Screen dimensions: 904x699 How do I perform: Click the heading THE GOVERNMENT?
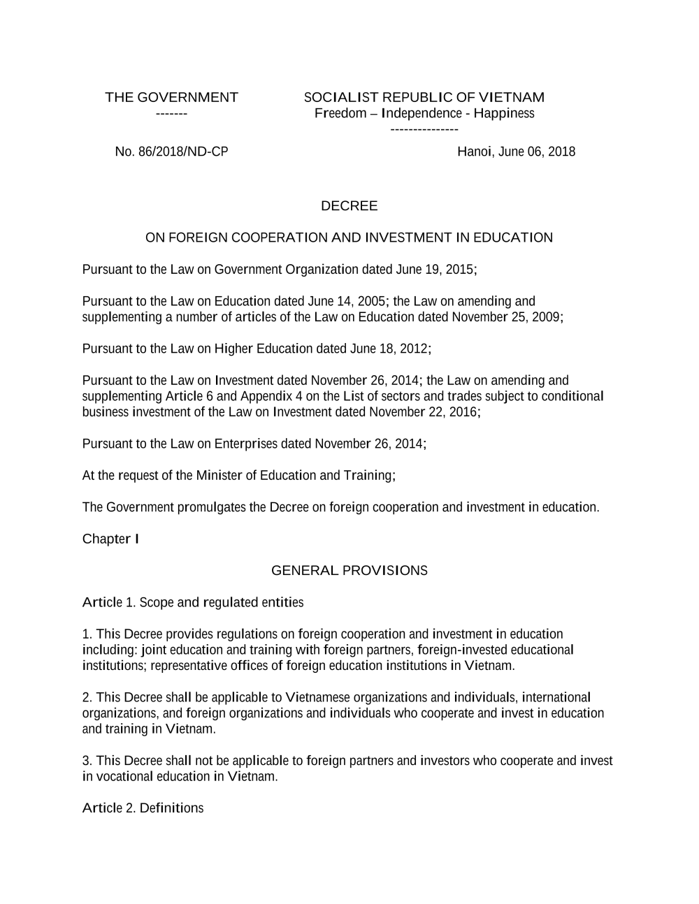171,97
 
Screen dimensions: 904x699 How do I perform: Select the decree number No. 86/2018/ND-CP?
171,152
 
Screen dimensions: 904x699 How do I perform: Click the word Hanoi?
475,152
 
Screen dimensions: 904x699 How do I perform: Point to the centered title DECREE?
349,206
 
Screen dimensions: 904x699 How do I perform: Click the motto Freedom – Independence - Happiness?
424,113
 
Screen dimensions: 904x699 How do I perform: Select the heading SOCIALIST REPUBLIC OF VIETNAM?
424,97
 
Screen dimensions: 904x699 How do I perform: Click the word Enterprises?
245,444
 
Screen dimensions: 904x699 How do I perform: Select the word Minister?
219,476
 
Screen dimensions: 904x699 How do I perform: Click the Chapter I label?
110,539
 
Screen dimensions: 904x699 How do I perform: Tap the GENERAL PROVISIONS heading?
349,571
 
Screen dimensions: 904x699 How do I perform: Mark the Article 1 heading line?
193,602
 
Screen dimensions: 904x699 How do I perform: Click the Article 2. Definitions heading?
143,808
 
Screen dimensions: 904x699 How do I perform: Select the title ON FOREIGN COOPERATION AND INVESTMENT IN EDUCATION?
349,238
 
